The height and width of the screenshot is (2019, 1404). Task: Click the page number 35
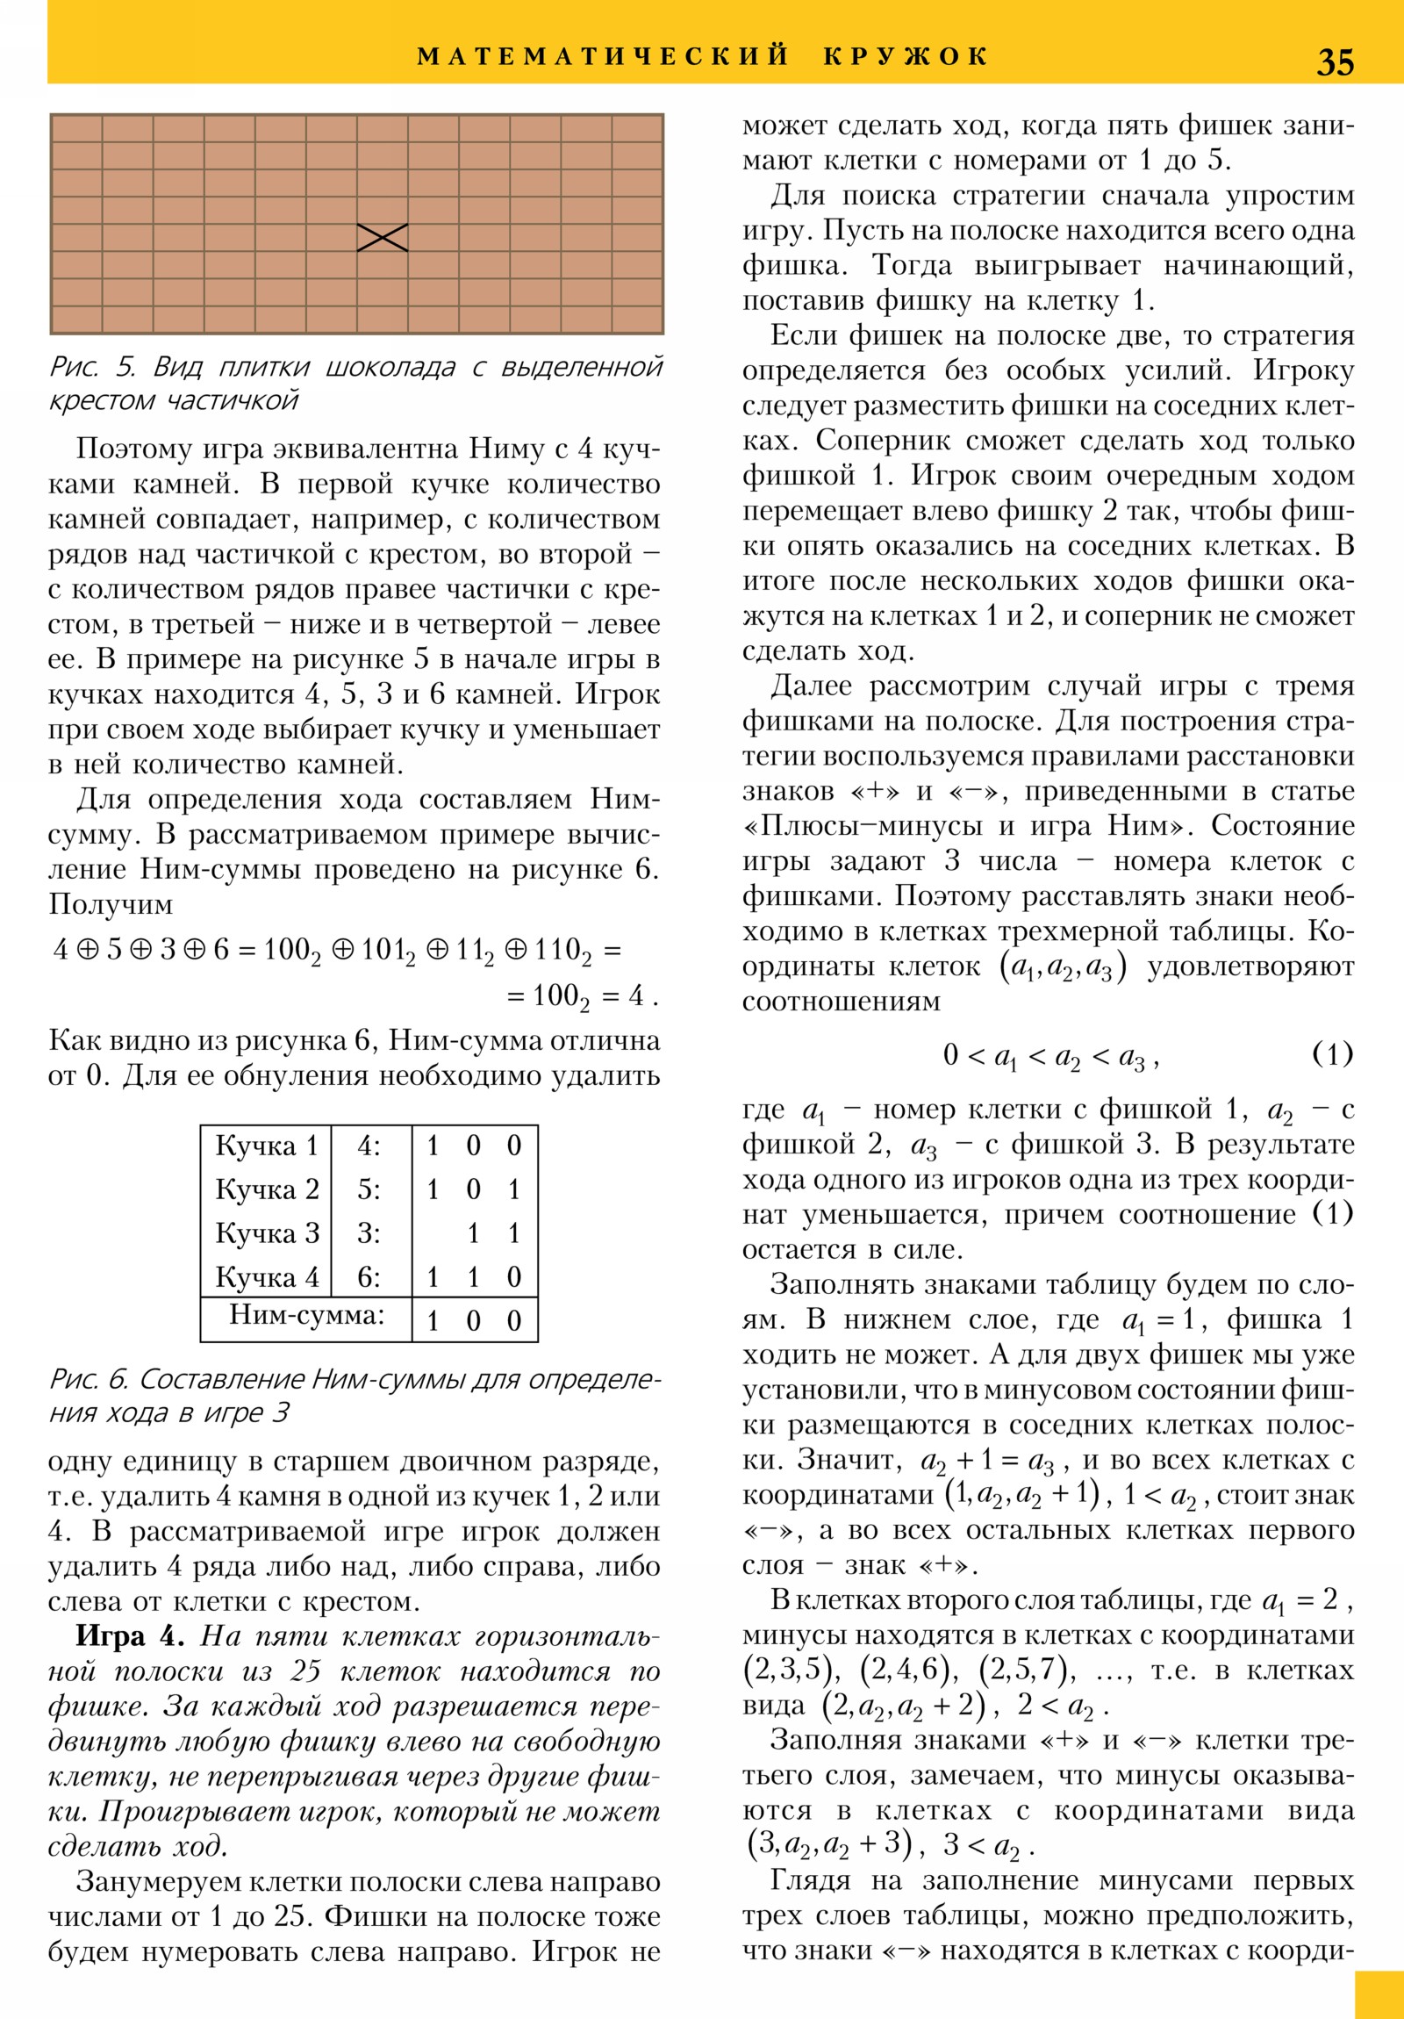1335,61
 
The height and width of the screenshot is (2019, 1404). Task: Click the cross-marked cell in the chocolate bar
383,237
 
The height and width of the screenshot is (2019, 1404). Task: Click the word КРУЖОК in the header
906,56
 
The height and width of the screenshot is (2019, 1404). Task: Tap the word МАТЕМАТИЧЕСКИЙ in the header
603,56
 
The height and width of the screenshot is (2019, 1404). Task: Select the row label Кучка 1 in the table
267,1146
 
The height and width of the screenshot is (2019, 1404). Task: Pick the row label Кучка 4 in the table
267,1277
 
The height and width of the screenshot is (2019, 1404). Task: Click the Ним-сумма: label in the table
307,1315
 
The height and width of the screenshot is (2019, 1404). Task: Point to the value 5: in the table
369,1189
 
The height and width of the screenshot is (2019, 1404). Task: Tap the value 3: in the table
369,1233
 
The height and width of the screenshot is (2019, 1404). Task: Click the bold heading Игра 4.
130,1636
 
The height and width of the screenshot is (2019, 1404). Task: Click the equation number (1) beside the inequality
1332,1053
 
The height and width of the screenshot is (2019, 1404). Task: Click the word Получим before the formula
111,904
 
